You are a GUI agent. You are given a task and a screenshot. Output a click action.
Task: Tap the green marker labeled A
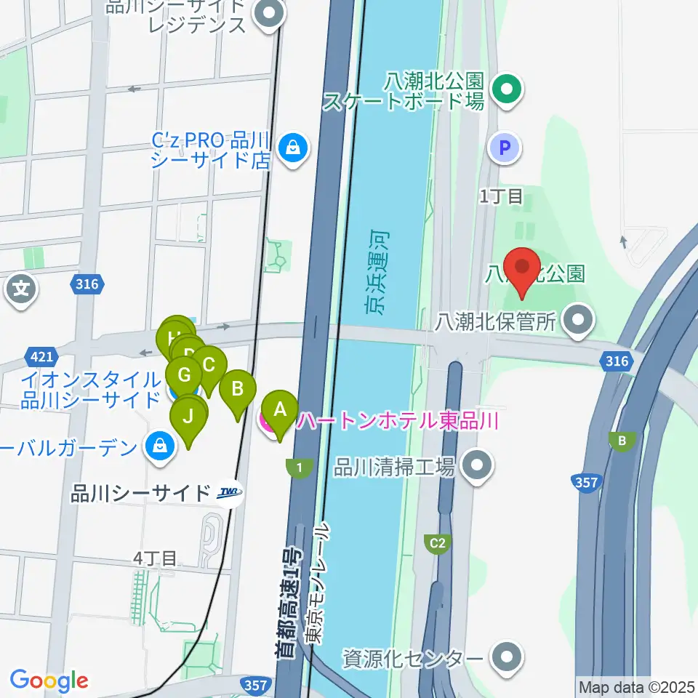[x=280, y=412]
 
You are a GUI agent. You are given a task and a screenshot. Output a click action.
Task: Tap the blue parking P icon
[x=506, y=149]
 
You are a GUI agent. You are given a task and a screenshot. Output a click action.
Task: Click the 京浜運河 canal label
[x=377, y=273]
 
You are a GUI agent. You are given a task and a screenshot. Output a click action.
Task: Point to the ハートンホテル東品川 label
[x=396, y=421]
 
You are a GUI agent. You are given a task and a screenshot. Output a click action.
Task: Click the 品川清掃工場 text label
[x=393, y=466]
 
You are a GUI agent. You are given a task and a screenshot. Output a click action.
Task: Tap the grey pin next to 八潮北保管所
[x=579, y=320]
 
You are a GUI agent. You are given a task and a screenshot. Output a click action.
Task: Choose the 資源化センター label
[x=413, y=659]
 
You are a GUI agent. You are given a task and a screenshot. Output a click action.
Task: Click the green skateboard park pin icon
[x=507, y=90]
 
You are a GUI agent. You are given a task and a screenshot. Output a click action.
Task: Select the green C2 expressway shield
[x=437, y=543]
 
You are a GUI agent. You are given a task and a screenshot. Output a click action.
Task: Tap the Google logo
[x=49, y=681]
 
